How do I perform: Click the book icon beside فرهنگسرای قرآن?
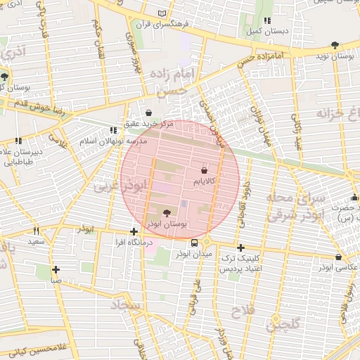(163, 13)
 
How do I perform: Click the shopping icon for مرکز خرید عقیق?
(148, 112)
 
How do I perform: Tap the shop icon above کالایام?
(204, 170)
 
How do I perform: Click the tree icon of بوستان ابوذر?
(166, 212)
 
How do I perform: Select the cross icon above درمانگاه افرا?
(134, 231)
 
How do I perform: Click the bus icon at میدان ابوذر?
(194, 243)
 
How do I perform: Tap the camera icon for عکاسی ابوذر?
(339, 257)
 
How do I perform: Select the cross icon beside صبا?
(56, 269)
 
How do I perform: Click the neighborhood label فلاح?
(244, 309)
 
